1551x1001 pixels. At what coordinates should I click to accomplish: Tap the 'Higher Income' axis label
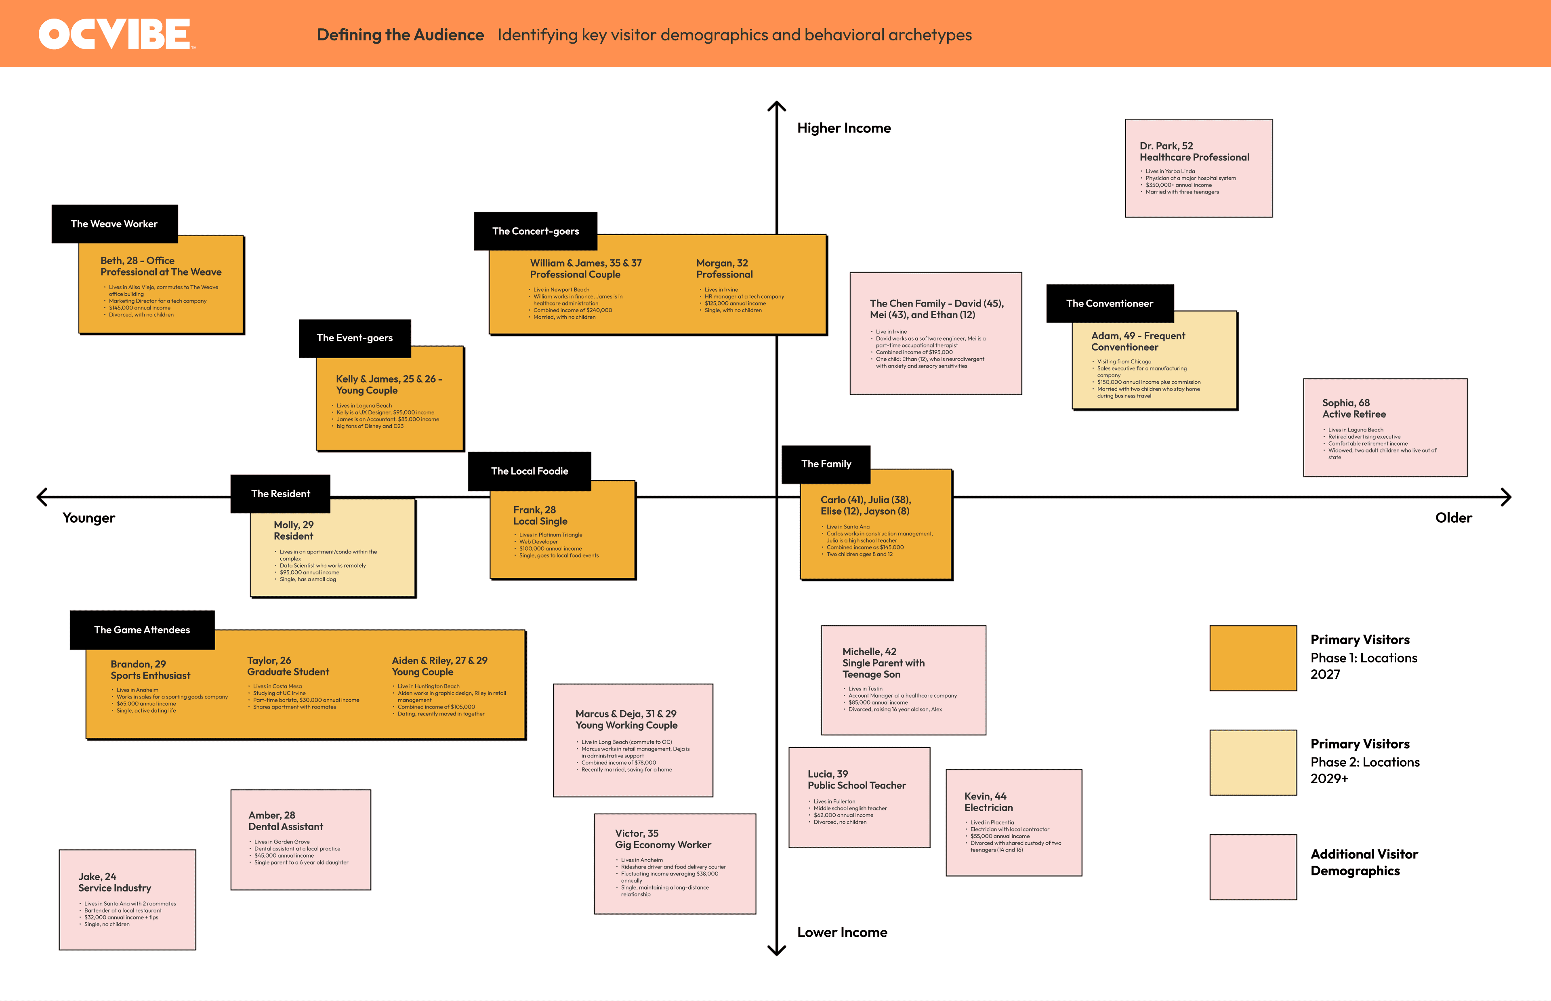click(843, 128)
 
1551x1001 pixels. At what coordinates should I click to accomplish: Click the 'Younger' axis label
click(88, 518)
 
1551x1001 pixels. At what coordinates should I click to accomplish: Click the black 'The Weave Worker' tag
click(114, 224)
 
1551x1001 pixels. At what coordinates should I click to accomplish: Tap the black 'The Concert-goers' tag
click(536, 231)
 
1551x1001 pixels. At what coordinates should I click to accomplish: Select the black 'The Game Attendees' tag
click(142, 630)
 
